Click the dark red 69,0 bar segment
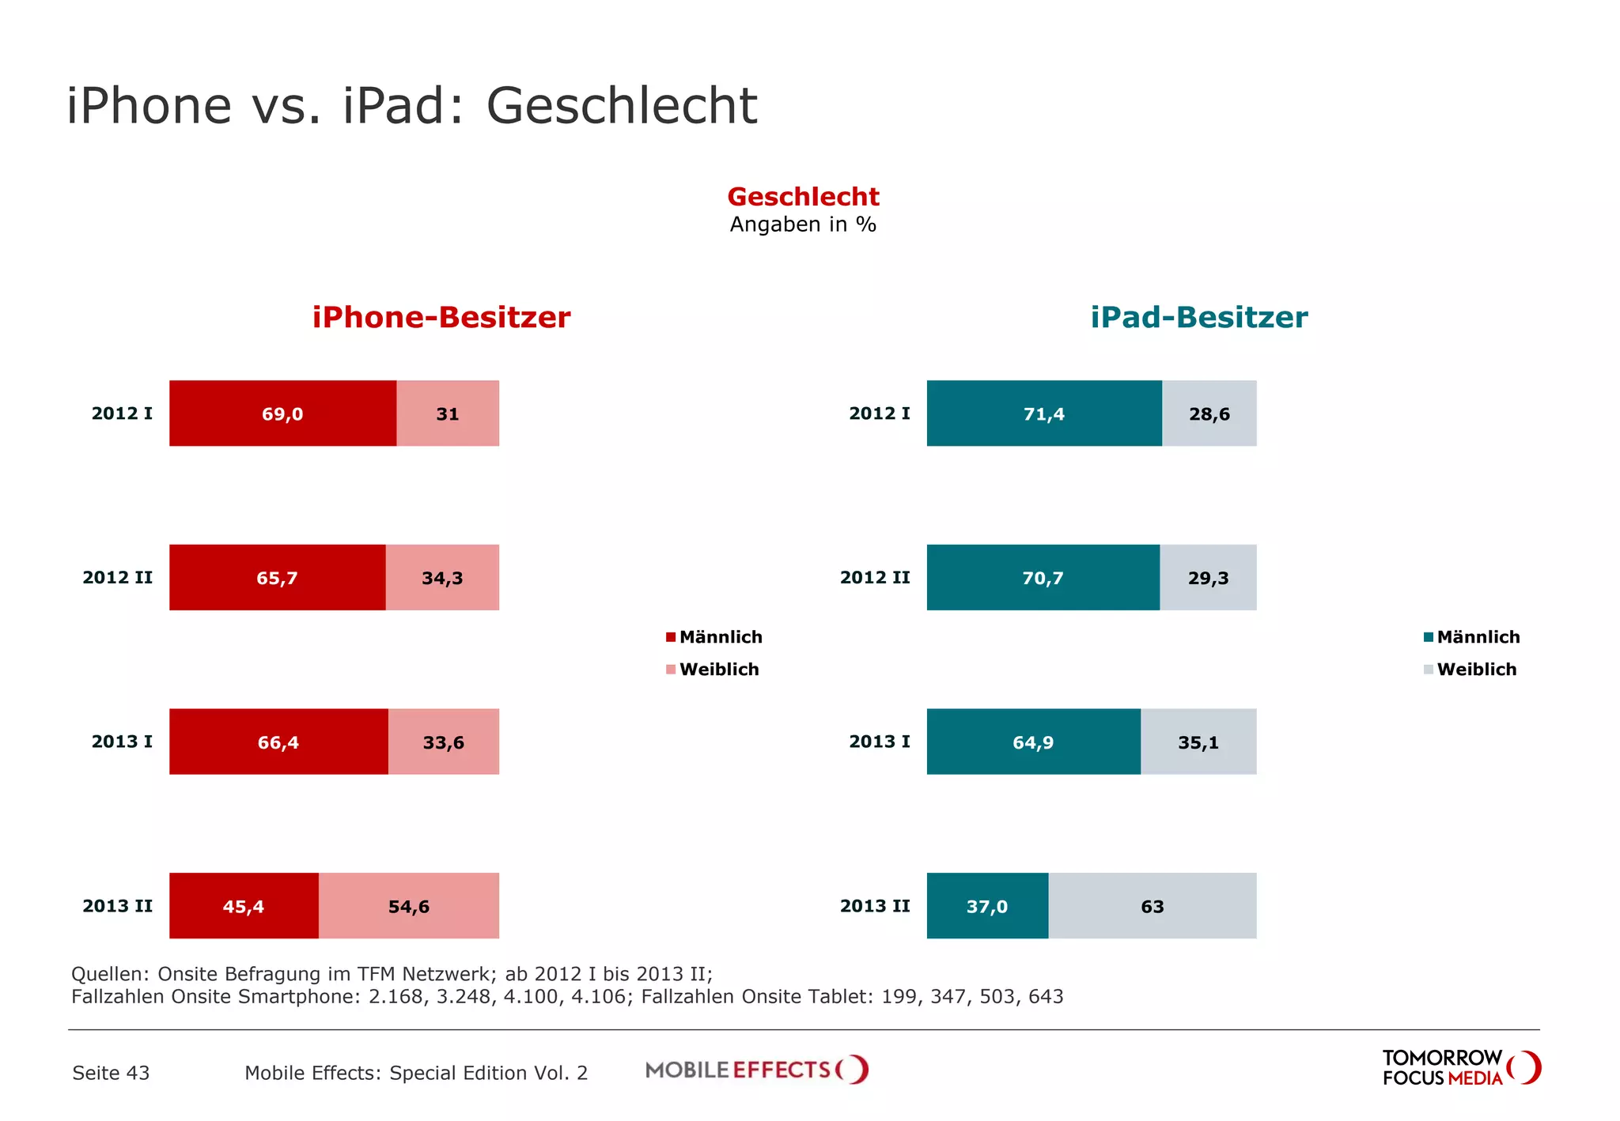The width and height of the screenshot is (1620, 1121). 282,413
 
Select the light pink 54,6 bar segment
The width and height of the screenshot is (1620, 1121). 408,906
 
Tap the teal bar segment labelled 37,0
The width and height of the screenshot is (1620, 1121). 986,906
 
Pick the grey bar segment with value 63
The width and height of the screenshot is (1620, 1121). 1152,906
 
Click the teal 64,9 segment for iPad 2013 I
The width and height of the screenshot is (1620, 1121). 1033,742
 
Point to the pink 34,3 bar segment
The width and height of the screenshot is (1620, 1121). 442,577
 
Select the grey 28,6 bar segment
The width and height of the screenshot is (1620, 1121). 1209,413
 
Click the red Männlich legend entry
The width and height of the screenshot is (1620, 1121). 714,637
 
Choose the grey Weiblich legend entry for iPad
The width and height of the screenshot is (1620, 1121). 1470,670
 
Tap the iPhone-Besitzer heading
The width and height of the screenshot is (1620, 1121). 441,317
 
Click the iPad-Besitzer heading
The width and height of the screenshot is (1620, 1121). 1198,317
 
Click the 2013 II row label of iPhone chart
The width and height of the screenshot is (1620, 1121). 117,906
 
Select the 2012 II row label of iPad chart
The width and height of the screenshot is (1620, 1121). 875,577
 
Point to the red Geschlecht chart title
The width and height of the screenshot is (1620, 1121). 803,196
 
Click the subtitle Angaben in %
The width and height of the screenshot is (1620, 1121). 803,225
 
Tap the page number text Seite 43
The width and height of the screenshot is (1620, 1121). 111,1073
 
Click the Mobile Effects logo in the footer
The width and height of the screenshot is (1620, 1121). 756,1070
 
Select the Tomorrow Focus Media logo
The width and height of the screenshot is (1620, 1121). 1460,1068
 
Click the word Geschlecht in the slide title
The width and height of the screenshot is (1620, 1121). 622,105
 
